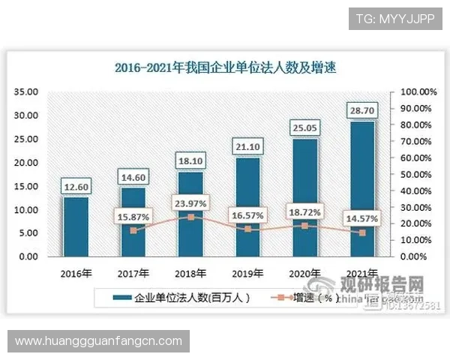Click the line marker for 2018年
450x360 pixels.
(x=191, y=217)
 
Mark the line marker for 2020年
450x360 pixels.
(x=304, y=225)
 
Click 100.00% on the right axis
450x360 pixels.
(x=418, y=91)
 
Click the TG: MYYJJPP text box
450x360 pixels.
(x=394, y=18)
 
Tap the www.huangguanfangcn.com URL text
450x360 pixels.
(x=98, y=340)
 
